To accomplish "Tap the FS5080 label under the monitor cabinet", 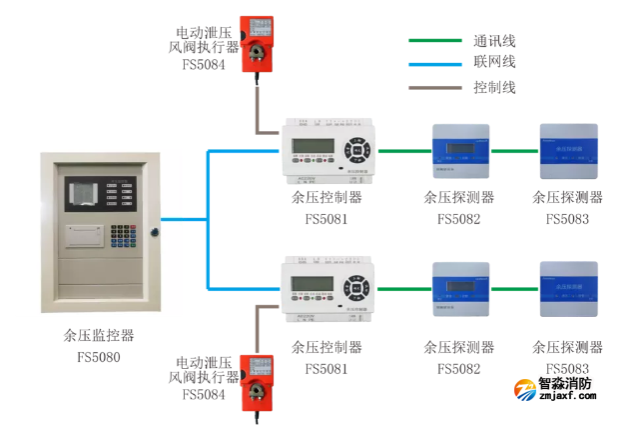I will pos(98,356).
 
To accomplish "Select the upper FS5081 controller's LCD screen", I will pos(312,146).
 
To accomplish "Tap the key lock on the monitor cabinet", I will pos(155,232).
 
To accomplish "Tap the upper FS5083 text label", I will pos(567,219).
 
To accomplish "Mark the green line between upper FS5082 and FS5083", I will pos(513,151).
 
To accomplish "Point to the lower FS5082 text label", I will pos(458,369).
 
